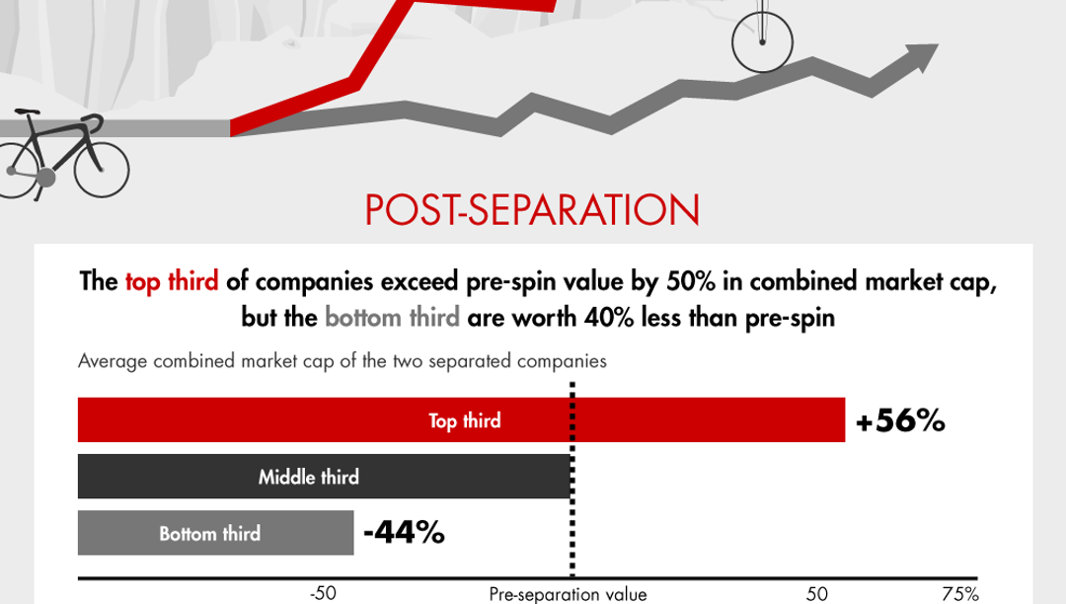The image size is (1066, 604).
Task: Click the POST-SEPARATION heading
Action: pyautogui.click(x=532, y=210)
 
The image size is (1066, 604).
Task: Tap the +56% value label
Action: pyautogui.click(x=900, y=421)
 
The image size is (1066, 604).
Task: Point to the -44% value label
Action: pyautogui.click(x=404, y=533)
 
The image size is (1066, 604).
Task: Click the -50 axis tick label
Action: pyautogui.click(x=323, y=593)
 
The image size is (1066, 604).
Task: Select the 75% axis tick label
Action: pyautogui.click(x=959, y=593)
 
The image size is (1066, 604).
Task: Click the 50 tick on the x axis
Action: pyautogui.click(x=816, y=593)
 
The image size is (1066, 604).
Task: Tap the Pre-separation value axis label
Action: pyautogui.click(x=568, y=593)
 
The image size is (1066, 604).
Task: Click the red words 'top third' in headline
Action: pyautogui.click(x=171, y=282)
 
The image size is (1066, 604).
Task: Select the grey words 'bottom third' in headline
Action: pyautogui.click(x=392, y=318)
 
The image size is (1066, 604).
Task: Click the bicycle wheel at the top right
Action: pyautogui.click(x=762, y=41)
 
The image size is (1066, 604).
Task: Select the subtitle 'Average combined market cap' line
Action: pyautogui.click(x=342, y=360)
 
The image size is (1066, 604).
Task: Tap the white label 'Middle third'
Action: pyautogui.click(x=308, y=478)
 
